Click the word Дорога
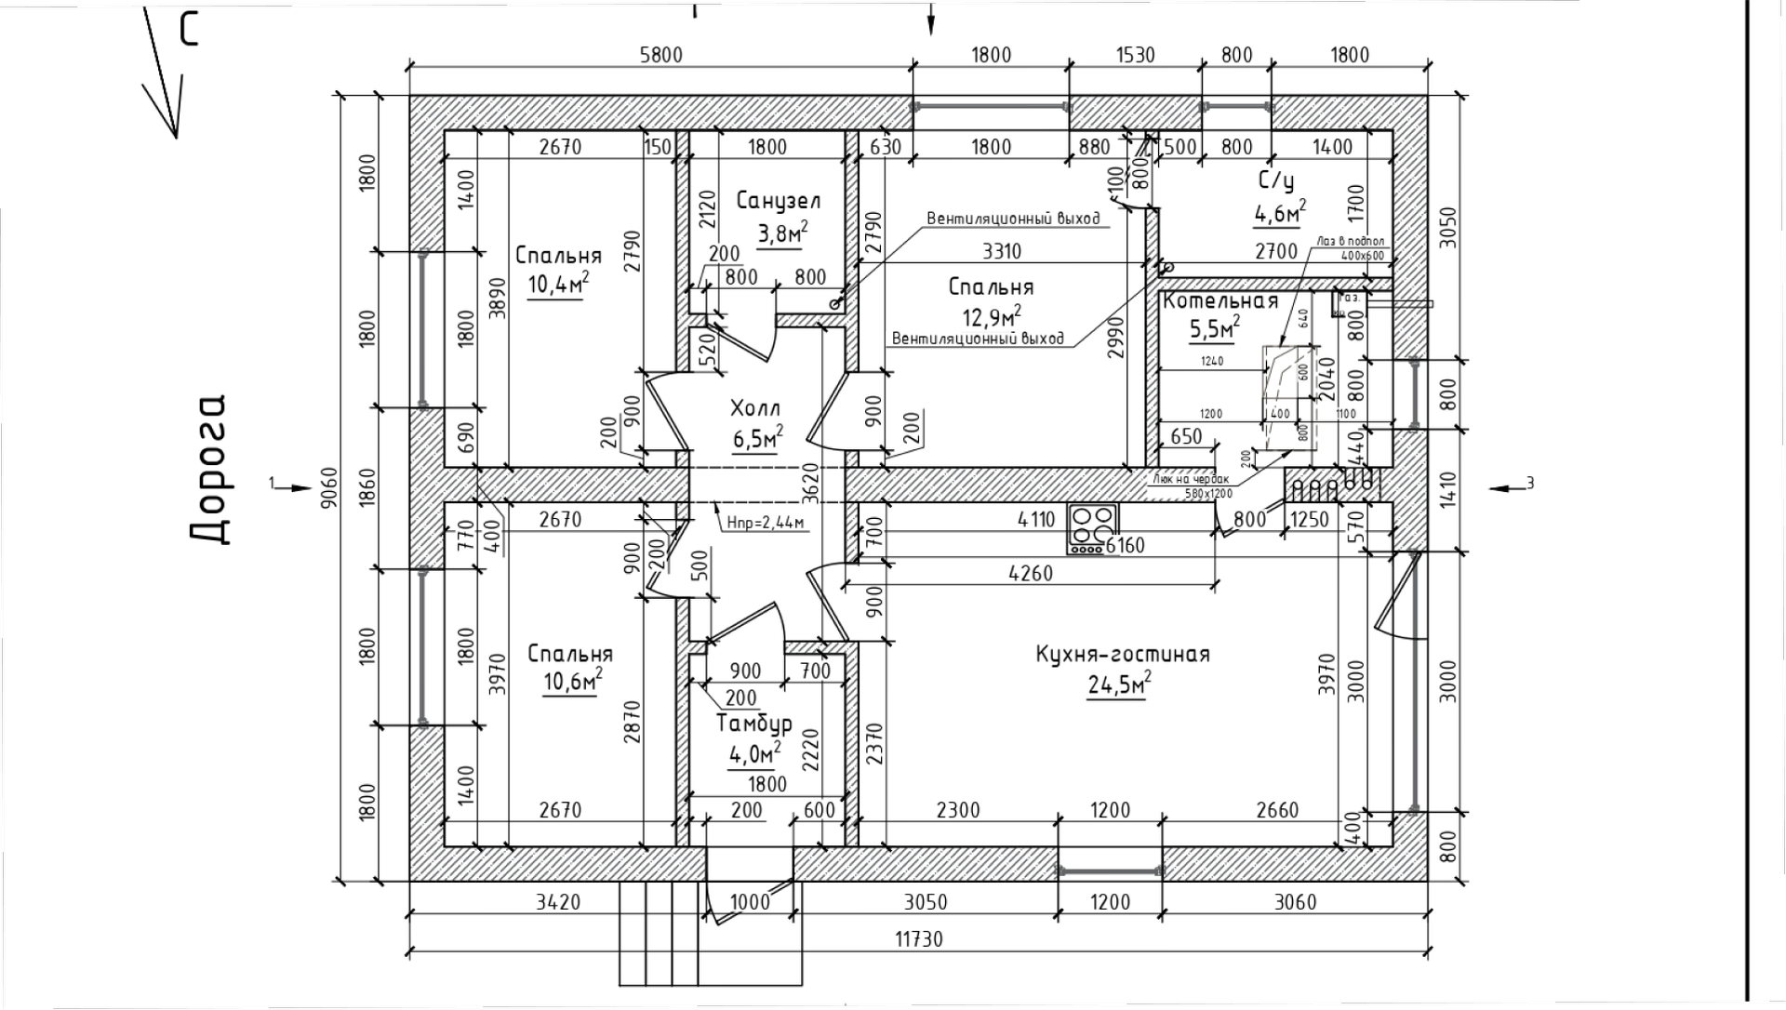coord(209,469)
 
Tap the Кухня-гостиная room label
coord(1123,654)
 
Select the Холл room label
coord(755,408)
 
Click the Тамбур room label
coord(754,723)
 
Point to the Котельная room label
coord(1220,301)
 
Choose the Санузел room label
coord(779,200)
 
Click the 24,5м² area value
coord(1119,686)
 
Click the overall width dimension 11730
coord(919,939)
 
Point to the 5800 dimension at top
coord(660,55)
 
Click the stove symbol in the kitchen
coord(1092,529)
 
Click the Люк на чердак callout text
coord(1191,480)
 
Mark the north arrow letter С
coord(190,30)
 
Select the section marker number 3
coord(1530,482)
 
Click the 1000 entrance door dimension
coord(750,902)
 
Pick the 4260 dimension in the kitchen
coord(1031,573)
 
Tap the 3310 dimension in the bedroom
coord(1002,251)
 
